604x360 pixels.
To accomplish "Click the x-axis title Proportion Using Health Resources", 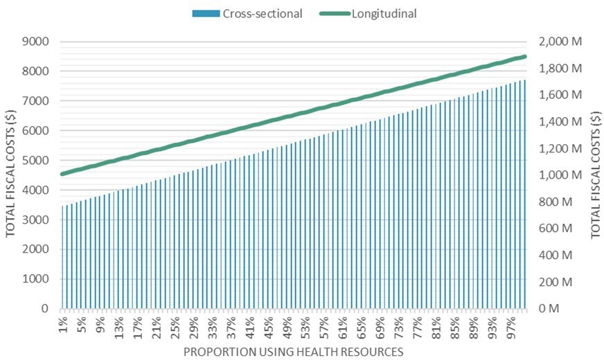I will (293, 352).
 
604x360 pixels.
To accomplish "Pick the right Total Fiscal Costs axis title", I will (596, 175).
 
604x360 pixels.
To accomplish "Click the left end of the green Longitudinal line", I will (63, 174).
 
